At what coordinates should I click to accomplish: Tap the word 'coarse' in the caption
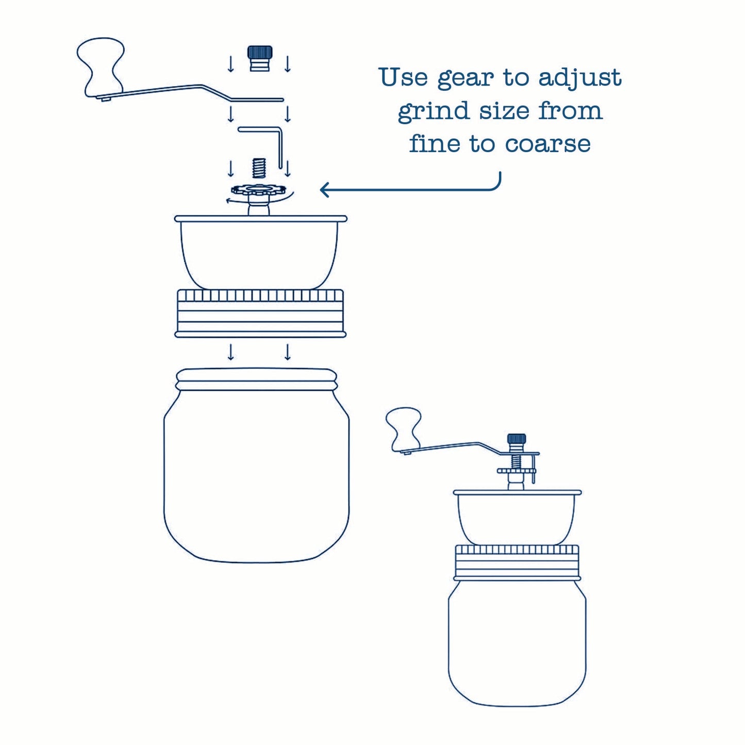coord(548,144)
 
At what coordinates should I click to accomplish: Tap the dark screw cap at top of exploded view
coord(260,57)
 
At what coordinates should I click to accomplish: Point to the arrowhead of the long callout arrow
coord(323,190)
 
